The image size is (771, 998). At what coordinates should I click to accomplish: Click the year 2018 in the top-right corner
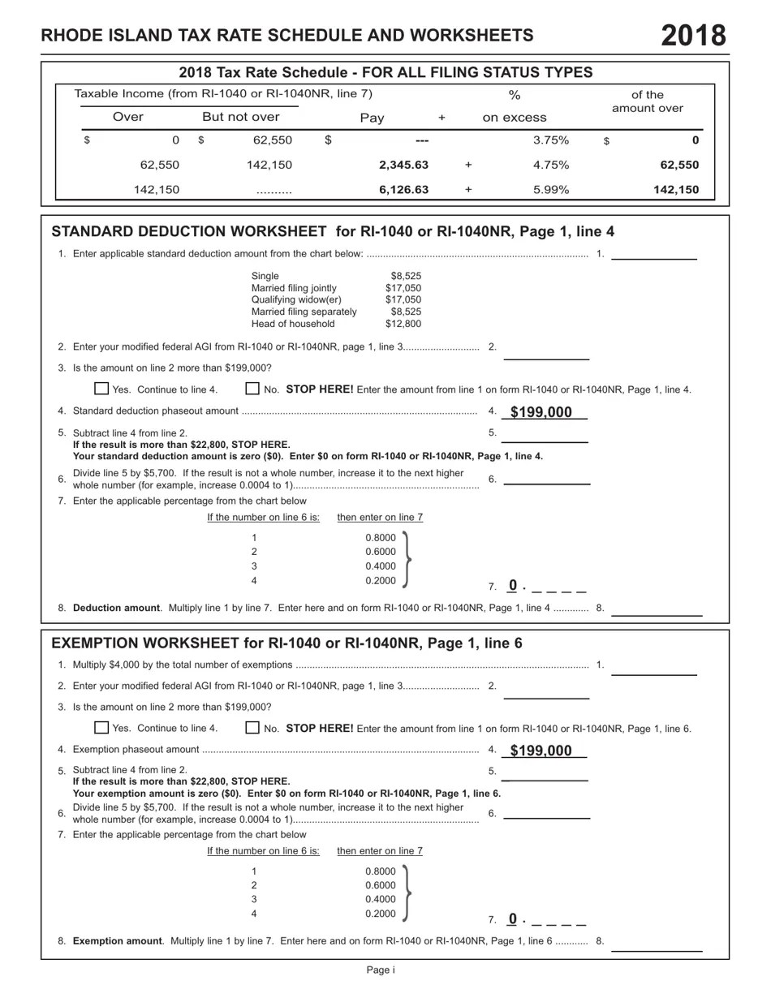(x=693, y=36)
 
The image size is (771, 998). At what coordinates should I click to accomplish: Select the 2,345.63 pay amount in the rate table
(x=403, y=165)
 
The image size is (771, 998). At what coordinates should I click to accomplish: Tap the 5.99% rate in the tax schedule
(x=551, y=190)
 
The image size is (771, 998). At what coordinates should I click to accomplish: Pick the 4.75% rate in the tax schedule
(x=551, y=165)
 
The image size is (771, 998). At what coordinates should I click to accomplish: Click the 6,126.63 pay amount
(x=403, y=190)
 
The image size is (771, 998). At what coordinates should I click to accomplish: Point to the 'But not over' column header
(x=240, y=117)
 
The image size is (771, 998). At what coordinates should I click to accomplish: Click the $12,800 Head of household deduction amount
(x=403, y=324)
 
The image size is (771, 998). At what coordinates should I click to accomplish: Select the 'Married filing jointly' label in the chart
(x=294, y=288)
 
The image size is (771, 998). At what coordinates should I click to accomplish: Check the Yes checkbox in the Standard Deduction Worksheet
(x=101, y=389)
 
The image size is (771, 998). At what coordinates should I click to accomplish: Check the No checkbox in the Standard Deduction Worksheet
(x=252, y=389)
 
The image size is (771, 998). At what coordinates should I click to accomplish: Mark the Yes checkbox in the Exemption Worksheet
(x=101, y=728)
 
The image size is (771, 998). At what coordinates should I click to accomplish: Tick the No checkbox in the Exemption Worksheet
(x=252, y=728)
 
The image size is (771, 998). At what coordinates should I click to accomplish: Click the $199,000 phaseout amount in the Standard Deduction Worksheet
(x=541, y=412)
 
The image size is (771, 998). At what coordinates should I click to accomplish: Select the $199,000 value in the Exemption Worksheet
(x=541, y=751)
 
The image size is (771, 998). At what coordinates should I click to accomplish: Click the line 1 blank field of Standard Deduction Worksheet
(x=654, y=254)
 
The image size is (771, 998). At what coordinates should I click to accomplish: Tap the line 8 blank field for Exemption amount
(x=661, y=945)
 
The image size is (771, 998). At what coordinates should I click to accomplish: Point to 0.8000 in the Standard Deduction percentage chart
(x=381, y=537)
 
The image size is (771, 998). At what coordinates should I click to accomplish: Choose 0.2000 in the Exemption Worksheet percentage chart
(x=381, y=914)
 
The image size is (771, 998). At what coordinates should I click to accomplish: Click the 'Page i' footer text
(x=381, y=970)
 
